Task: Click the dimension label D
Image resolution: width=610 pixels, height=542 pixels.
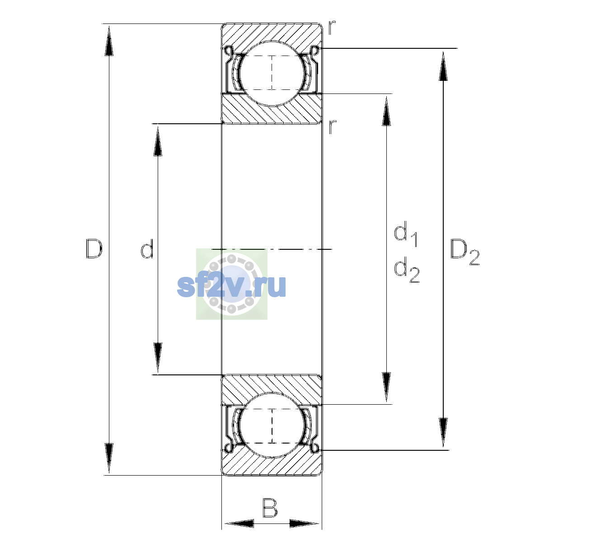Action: [94, 249]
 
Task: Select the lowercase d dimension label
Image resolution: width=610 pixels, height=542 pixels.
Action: [147, 249]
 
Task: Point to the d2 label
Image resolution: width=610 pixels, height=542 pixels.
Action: [407, 270]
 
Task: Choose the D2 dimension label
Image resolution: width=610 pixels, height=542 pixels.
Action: [465, 252]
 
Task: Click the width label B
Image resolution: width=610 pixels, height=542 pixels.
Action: [270, 508]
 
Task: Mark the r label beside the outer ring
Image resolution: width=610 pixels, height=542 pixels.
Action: [332, 28]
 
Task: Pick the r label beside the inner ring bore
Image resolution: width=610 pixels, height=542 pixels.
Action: [332, 127]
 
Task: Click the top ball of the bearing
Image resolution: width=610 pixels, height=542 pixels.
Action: [272, 74]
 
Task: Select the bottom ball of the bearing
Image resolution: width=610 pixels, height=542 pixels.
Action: [272, 425]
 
